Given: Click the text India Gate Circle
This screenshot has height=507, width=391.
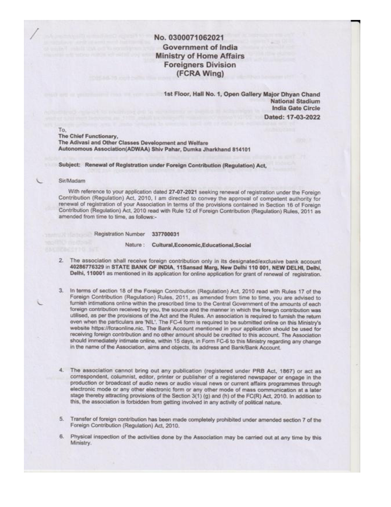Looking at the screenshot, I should point(296,108).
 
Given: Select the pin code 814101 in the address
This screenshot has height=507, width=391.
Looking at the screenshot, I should point(242,149).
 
